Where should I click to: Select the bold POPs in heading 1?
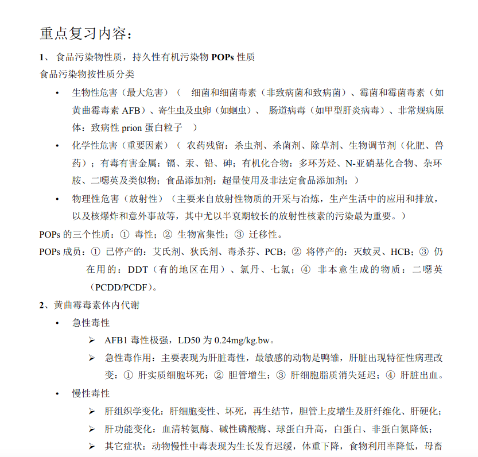pyautogui.click(x=223, y=57)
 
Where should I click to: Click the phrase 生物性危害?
pyautogui.click(x=95, y=92)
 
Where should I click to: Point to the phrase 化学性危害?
pyautogui.click(x=95, y=146)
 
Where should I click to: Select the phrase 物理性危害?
pyautogui.click(x=95, y=199)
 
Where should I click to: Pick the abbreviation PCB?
pyautogui.click(x=275, y=252)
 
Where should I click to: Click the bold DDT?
pyautogui.click(x=138, y=270)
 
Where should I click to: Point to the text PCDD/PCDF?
pyautogui.click(x=122, y=287)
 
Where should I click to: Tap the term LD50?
pyautogui.click(x=189, y=340)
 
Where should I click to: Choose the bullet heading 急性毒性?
pyautogui.click(x=91, y=323)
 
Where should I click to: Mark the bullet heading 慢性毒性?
pyautogui.click(x=91, y=394)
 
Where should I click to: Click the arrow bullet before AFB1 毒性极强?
pyautogui.click(x=92, y=340)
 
